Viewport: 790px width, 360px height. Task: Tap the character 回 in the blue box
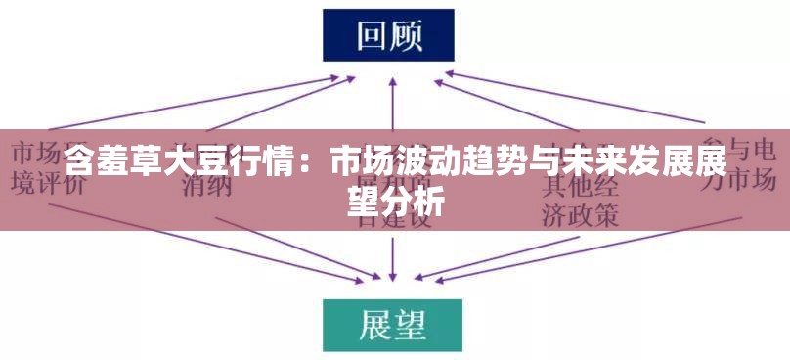tap(370, 35)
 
